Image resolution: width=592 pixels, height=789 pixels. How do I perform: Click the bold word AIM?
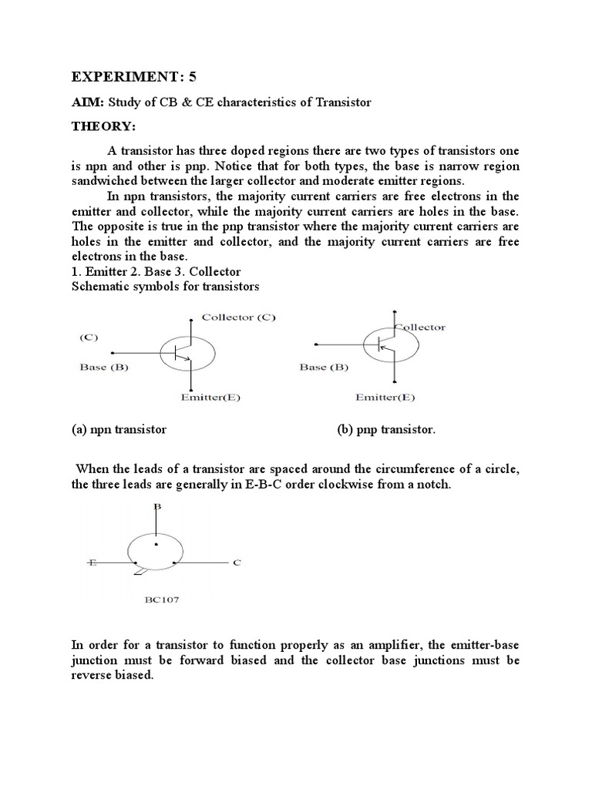89,102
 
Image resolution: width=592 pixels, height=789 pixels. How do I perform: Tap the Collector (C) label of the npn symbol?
237,316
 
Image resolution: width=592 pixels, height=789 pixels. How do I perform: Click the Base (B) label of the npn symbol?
103,367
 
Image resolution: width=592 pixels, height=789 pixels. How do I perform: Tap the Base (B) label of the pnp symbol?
323,367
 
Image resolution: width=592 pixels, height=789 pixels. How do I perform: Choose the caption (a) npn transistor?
119,429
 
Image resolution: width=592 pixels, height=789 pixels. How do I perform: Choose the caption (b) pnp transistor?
386,429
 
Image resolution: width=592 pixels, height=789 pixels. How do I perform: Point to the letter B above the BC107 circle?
156,506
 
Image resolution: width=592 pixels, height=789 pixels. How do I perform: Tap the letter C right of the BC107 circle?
237,563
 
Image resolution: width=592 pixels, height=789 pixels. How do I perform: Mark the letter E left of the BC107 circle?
92,563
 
